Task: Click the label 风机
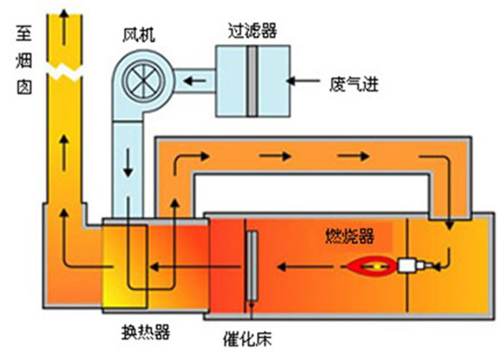(x=137, y=33)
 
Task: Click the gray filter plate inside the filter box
(x=251, y=81)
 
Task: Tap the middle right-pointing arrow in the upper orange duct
(x=273, y=154)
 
